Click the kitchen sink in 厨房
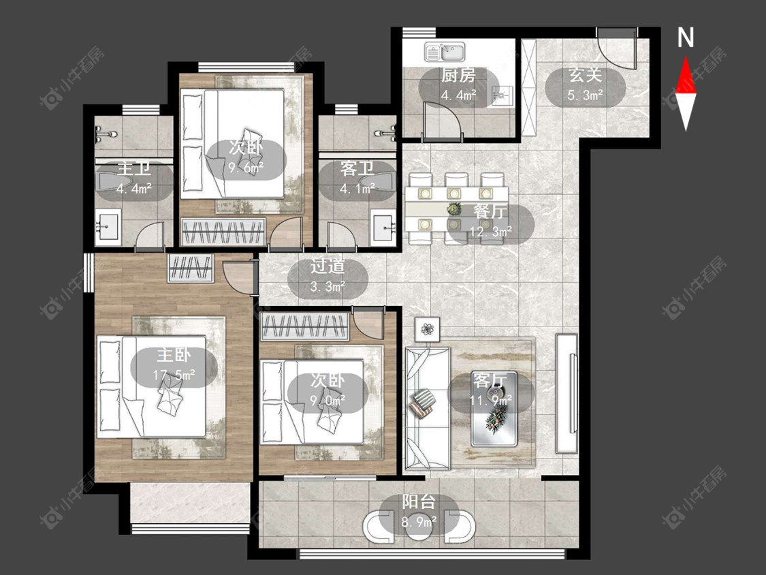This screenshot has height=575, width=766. (445, 51)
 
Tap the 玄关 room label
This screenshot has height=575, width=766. (585, 76)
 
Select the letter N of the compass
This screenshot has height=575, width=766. (686, 37)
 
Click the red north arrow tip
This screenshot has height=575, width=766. (686, 57)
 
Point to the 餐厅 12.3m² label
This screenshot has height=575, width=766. (490, 221)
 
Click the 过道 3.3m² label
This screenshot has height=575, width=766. (328, 276)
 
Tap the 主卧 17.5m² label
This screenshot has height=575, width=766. (174, 364)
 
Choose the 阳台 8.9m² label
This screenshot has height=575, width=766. (419, 512)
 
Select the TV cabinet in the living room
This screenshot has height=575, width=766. (566, 393)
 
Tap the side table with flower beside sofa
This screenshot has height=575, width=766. (428, 330)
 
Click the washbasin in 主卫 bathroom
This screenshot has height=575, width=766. (107, 227)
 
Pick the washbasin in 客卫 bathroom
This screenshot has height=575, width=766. (383, 228)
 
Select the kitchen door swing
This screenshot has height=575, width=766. (443, 121)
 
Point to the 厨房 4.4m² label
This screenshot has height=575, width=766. (458, 85)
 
